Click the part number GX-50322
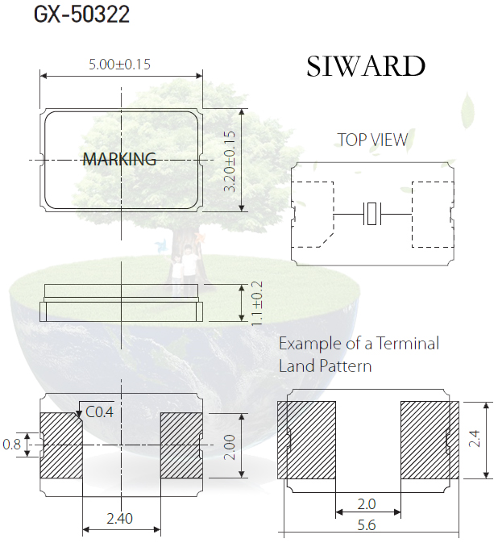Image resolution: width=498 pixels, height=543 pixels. [81, 15]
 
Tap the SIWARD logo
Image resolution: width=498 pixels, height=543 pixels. [366, 66]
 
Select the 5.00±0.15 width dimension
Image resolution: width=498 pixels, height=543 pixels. [119, 65]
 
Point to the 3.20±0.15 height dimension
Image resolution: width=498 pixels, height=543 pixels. [230, 161]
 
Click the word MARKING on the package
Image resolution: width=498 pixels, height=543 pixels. [119, 159]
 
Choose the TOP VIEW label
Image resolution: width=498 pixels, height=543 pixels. [372, 140]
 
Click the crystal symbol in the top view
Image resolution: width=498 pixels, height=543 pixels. [372, 214]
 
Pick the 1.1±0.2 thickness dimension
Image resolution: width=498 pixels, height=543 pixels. [257, 303]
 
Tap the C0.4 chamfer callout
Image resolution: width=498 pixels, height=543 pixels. [99, 412]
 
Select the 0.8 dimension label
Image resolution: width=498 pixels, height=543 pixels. [11, 445]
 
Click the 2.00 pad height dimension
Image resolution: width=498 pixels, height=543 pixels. [230, 448]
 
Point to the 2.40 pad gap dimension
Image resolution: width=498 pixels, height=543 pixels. [119, 519]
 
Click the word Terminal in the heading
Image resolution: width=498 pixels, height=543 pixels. [408, 344]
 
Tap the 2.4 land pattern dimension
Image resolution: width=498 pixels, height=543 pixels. [475, 438]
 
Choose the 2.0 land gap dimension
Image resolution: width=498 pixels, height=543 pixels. [367, 503]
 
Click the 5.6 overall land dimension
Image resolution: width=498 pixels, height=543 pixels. [367, 525]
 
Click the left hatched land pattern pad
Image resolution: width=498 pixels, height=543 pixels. [306, 441]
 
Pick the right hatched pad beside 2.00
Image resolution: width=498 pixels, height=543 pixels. [181, 445]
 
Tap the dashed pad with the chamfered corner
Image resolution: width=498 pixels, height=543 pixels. [313, 215]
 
